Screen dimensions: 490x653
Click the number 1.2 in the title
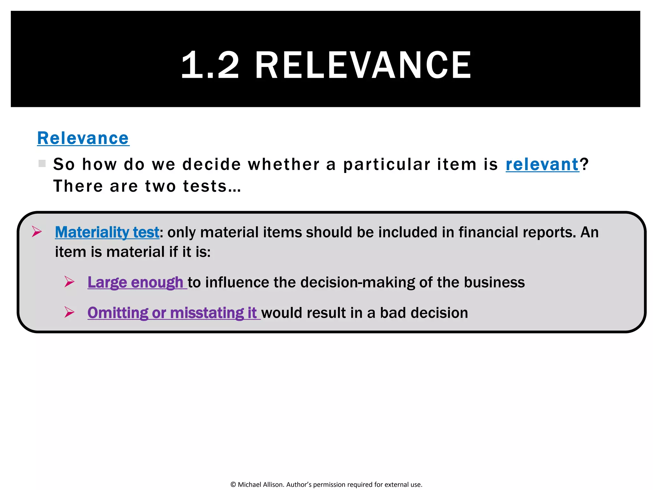(210, 65)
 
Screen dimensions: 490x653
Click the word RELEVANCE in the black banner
(363, 65)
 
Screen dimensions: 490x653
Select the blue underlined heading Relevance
(83, 138)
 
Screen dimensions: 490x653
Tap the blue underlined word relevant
(542, 164)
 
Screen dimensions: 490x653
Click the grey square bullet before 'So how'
(42, 164)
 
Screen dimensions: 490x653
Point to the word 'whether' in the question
(283, 164)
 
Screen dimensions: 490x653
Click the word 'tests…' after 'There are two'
(212, 186)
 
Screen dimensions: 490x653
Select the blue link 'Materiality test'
(107, 232)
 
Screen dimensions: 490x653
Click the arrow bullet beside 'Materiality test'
(37, 232)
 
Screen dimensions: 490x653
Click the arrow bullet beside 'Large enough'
(69, 282)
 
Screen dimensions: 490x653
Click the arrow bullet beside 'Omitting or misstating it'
(69, 312)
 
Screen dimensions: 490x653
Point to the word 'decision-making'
(357, 282)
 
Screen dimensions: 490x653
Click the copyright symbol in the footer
(233, 485)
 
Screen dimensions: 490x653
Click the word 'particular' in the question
(386, 164)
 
